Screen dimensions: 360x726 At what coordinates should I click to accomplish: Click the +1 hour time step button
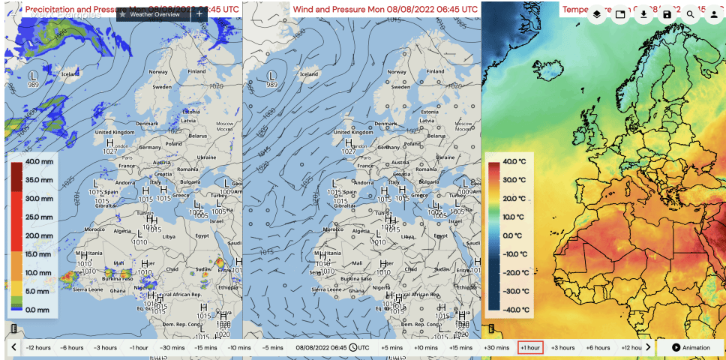click(x=530, y=347)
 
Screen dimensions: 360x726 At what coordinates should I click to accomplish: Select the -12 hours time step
click(x=38, y=347)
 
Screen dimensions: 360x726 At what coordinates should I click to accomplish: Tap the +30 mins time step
click(x=496, y=347)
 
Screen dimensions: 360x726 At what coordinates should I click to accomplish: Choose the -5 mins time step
click(x=272, y=347)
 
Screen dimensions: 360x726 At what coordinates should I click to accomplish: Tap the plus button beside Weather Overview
click(x=199, y=14)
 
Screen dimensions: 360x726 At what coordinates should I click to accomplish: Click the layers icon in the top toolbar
click(x=597, y=14)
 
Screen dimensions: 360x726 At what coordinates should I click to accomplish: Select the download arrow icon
click(x=644, y=14)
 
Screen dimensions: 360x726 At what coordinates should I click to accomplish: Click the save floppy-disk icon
click(x=667, y=14)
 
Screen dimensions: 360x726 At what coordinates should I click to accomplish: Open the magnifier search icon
click(x=691, y=14)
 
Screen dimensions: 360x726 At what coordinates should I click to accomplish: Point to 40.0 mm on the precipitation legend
click(x=38, y=162)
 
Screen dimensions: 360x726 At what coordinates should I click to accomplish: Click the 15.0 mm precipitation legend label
click(x=38, y=254)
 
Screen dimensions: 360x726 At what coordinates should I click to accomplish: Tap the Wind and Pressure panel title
click(x=385, y=10)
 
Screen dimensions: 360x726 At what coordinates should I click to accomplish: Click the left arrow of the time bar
click(x=13, y=347)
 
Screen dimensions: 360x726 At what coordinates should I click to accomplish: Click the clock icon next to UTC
click(x=352, y=347)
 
